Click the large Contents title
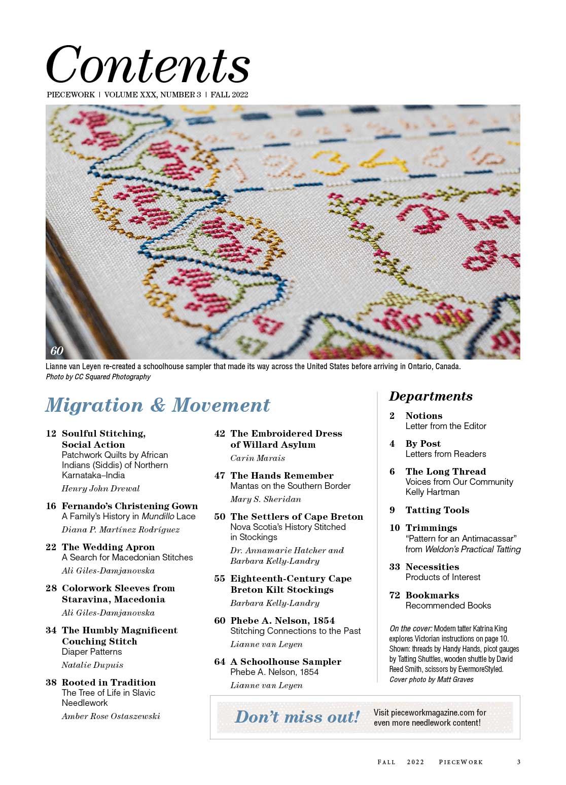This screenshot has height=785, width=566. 148,64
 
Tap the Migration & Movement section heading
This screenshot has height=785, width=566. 158,405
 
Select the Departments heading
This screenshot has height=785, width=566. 431,396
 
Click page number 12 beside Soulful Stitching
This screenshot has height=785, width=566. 51,434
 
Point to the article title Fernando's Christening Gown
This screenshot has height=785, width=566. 130,506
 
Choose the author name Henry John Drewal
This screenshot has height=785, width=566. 100,489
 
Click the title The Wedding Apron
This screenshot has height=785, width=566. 108,547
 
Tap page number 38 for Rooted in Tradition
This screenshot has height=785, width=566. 51,683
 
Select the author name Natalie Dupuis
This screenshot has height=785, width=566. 92,665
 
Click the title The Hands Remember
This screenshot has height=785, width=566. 282,476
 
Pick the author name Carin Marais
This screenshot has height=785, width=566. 258,458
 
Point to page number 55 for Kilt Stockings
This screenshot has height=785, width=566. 220,579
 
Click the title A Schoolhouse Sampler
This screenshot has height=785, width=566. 286,662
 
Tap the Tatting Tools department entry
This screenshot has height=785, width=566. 437,510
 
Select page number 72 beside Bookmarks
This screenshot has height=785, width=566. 395,595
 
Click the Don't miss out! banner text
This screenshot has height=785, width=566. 297,717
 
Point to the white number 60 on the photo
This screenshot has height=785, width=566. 57,350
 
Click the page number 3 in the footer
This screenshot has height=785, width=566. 518,762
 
